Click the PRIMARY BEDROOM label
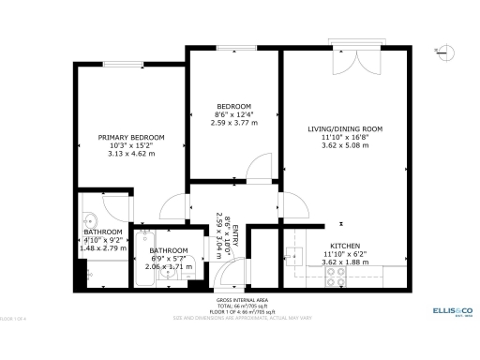(x=131, y=137)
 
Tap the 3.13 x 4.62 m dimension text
(x=131, y=153)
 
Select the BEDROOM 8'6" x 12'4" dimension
(x=233, y=114)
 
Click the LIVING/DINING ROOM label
(x=345, y=128)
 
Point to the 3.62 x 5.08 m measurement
(x=345, y=145)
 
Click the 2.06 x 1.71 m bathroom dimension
(x=169, y=266)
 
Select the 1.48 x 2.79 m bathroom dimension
(x=103, y=247)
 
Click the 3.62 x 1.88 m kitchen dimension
(x=345, y=262)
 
